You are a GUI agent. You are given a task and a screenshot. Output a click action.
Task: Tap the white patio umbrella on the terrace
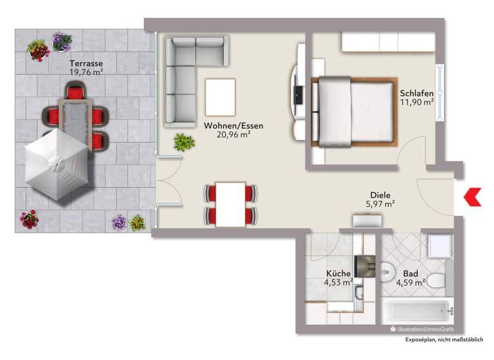(57, 164)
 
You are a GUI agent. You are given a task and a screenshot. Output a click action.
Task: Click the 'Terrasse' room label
(86, 64)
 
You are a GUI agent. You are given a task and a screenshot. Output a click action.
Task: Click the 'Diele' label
(380, 195)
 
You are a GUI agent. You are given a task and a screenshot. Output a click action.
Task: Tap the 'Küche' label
(338, 273)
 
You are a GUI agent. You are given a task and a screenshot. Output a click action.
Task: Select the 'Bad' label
(410, 273)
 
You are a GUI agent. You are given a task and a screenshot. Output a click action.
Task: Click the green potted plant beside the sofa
(183, 142)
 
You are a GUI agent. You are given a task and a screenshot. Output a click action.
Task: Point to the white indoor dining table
(230, 203)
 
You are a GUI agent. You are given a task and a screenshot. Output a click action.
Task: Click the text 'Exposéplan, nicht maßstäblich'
(444, 339)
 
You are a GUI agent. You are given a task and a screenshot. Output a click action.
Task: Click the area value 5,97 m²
(380, 204)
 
